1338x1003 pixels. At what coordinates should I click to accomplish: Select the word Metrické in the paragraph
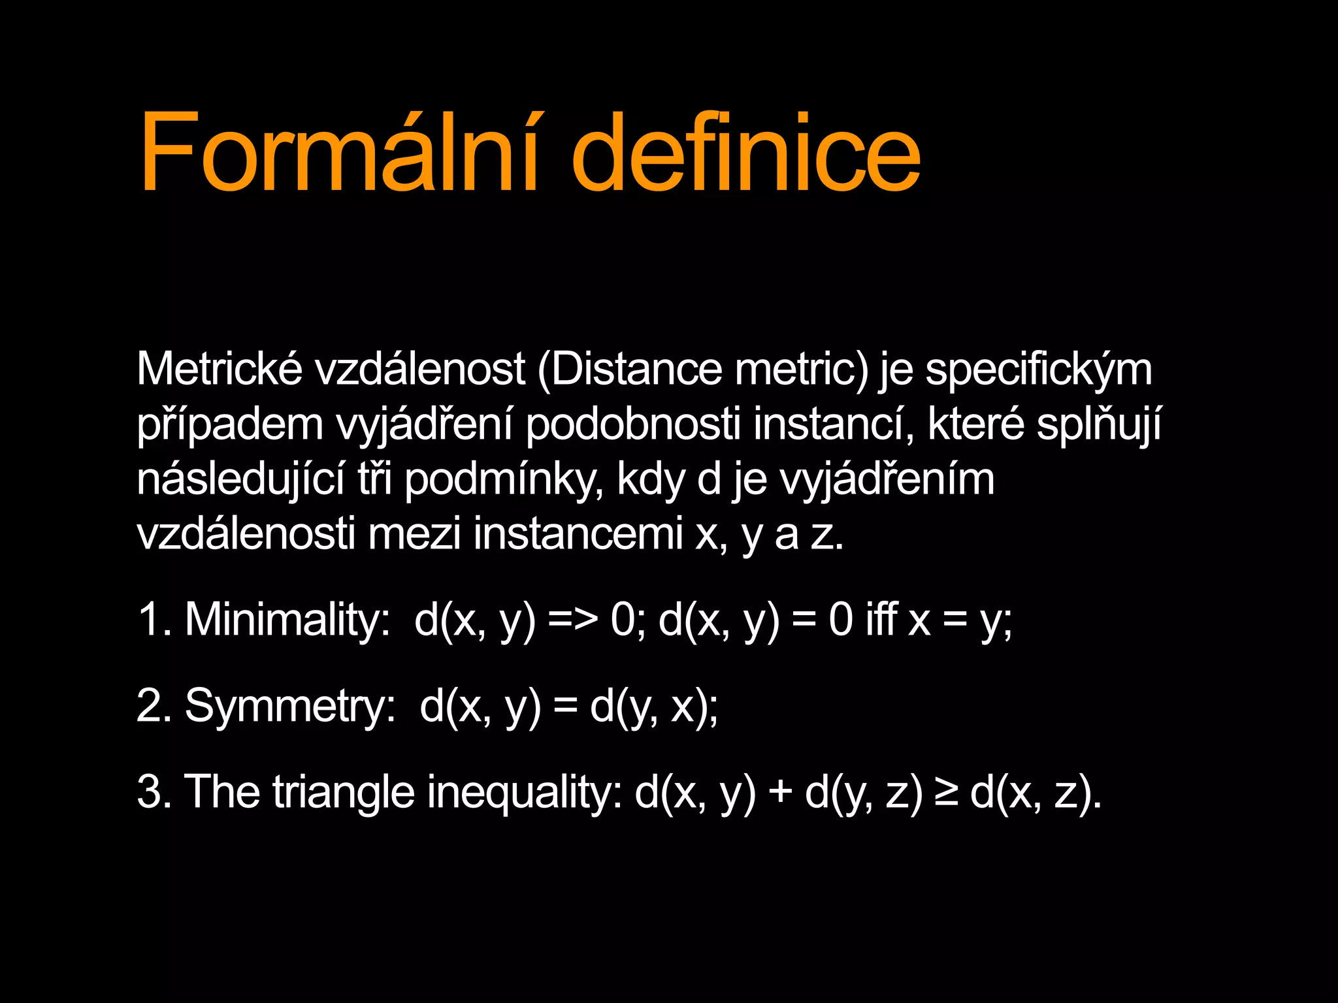tap(219, 370)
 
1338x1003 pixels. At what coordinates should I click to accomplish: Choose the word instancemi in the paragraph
tap(578, 534)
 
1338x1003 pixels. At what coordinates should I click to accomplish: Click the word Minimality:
tap(287, 619)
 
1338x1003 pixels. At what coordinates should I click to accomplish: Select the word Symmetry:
tap(290, 706)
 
